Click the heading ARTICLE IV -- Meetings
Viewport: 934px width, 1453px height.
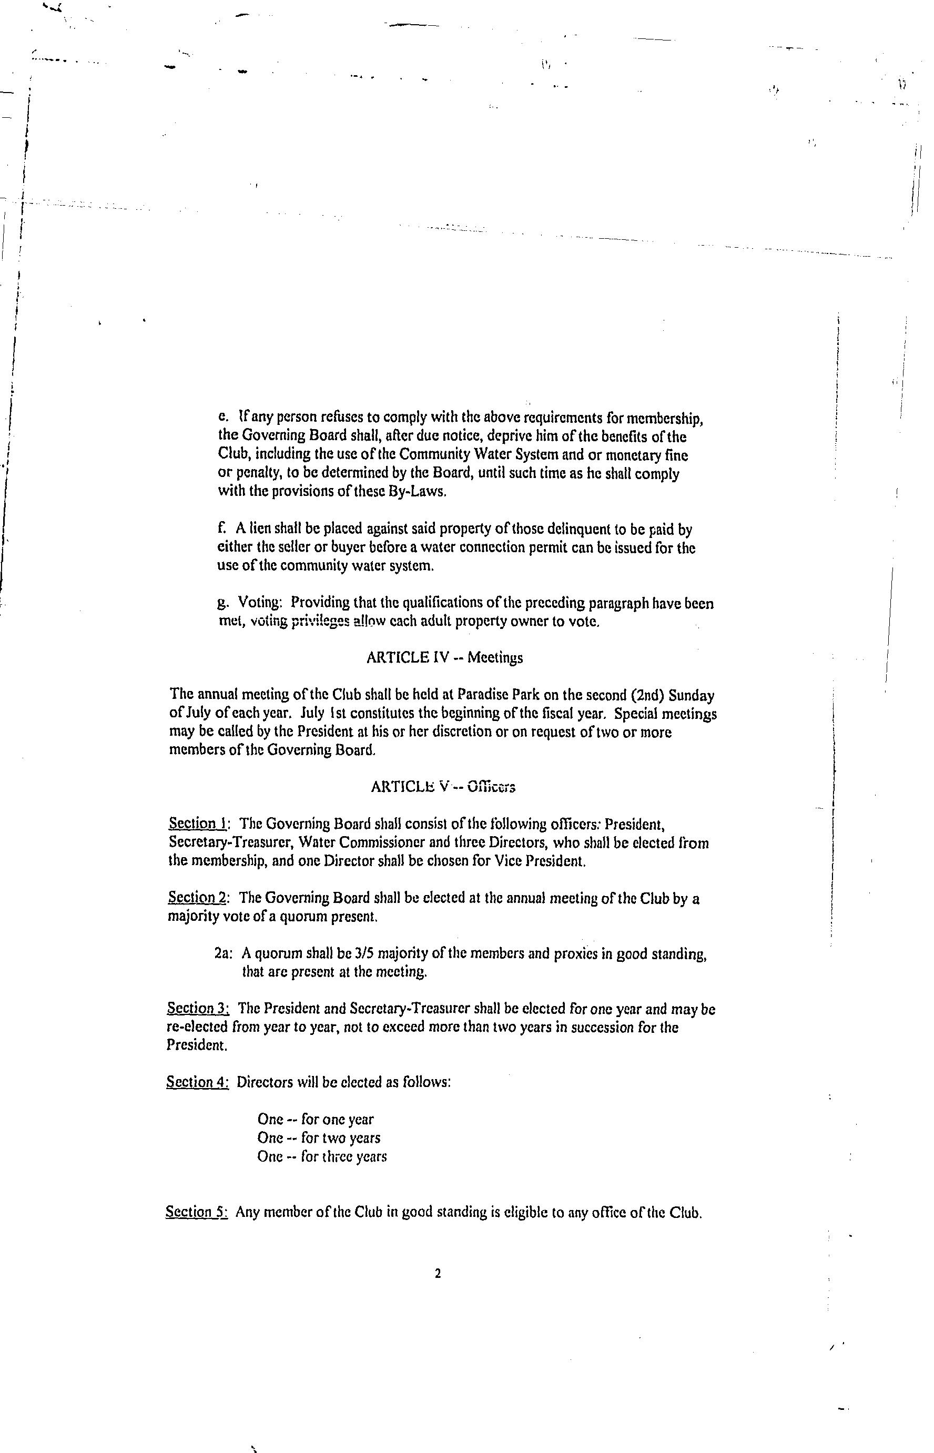tap(444, 658)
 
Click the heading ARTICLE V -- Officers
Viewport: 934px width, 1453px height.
tap(443, 787)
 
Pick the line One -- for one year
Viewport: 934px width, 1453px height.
tap(316, 1120)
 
